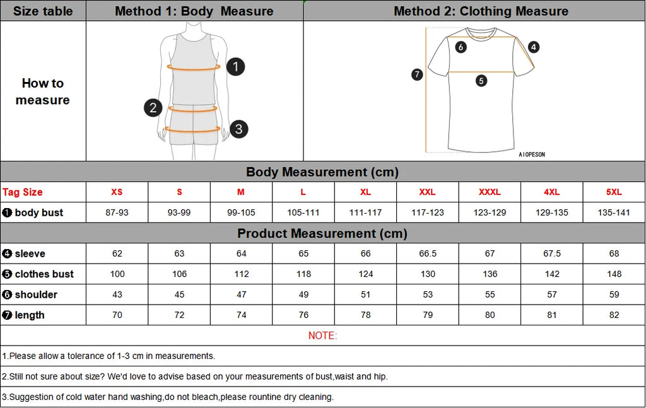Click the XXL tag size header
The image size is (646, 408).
tap(428, 192)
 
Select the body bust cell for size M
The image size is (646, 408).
tap(241, 213)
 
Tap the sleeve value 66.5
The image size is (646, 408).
tap(428, 254)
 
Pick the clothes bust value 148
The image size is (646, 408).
tap(614, 274)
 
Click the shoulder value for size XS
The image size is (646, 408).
tap(117, 294)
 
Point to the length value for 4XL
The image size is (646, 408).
tap(552, 315)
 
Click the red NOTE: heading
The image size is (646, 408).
tap(322, 335)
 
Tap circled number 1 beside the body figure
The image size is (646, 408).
tap(235, 66)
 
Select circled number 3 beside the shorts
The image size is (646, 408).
tap(238, 129)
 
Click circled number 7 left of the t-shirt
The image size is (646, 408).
tap(416, 74)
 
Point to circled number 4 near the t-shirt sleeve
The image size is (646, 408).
tap(534, 47)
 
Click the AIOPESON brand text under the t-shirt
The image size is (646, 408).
tap(531, 154)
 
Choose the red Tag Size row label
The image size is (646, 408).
tap(23, 192)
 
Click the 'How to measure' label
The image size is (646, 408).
tap(43, 91)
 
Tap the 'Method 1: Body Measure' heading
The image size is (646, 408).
tap(194, 11)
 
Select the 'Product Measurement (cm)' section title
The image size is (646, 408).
tap(322, 233)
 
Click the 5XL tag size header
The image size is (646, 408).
tap(614, 192)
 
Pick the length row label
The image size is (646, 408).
tap(29, 315)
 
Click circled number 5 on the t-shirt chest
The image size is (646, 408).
tap(481, 81)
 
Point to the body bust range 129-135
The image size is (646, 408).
tap(552, 213)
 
